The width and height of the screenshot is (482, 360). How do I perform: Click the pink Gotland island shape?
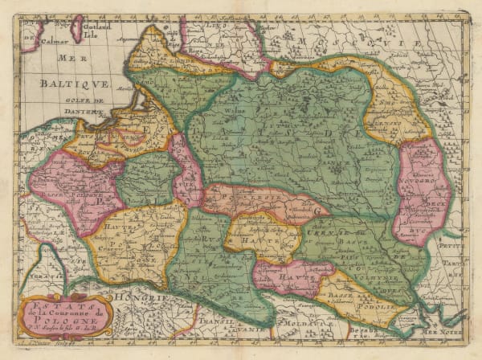point(78,30)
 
